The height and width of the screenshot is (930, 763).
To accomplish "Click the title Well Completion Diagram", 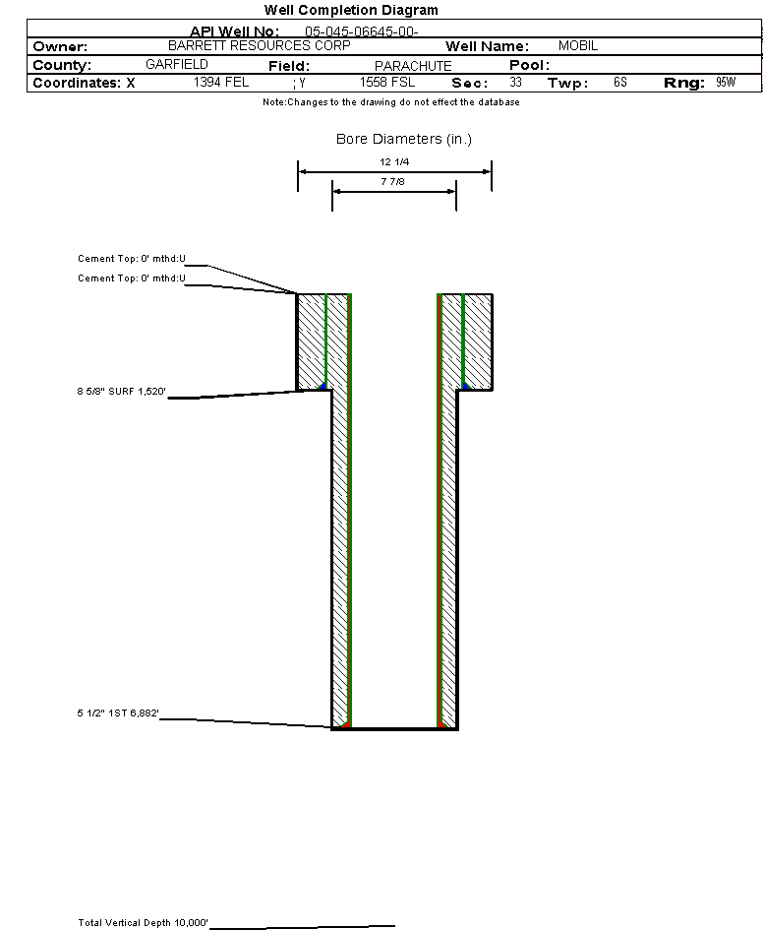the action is click(x=351, y=10).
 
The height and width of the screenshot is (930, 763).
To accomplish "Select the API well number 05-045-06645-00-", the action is click(x=362, y=31).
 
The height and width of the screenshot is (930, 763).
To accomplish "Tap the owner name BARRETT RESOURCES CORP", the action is click(x=260, y=45).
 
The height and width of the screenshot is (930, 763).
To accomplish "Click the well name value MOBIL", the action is click(x=578, y=45).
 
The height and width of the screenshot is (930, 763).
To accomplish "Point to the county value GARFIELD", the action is click(x=177, y=64).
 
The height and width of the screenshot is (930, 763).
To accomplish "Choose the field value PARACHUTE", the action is click(x=413, y=66).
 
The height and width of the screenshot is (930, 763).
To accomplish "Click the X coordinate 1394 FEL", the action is click(x=221, y=82).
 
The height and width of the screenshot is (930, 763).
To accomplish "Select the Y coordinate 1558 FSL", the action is click(x=387, y=82).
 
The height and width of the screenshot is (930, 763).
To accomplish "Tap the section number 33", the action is click(x=515, y=82).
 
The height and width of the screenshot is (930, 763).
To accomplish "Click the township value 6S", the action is click(x=620, y=82).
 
